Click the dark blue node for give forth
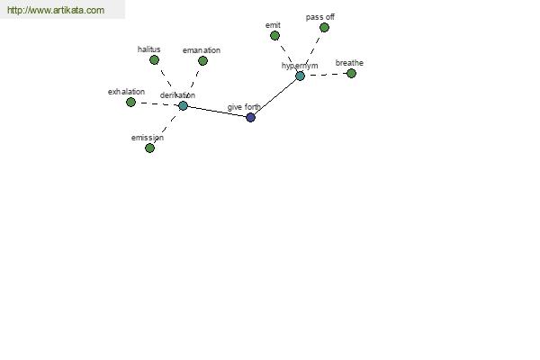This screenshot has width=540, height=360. click(251, 118)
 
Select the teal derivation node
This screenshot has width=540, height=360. click(184, 106)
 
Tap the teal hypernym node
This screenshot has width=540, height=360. click(301, 76)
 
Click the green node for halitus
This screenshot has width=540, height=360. click(154, 60)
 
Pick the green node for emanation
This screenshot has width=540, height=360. click(202, 61)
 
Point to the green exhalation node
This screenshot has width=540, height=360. click(130, 103)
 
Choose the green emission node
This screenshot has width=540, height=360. click(149, 148)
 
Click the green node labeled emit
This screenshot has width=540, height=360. click(274, 35)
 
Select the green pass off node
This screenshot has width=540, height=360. click(324, 28)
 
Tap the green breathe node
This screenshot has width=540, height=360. click(351, 74)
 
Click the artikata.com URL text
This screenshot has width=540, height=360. click(56, 10)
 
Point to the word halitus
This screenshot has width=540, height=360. click(148, 49)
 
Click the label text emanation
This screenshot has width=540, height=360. click(202, 50)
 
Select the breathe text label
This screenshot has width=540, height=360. click(349, 63)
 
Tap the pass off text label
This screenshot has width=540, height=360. click(319, 17)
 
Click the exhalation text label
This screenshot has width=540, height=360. click(126, 92)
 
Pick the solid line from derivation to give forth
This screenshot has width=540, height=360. click(217, 112)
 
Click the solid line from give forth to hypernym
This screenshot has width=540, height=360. click(275, 97)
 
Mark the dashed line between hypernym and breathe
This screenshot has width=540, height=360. click(326, 75)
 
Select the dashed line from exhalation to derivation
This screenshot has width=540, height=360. click(157, 104)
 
